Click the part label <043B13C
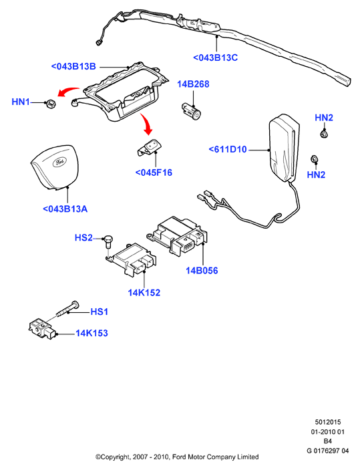click(x=215, y=57)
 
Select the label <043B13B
click(x=73, y=66)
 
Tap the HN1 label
click(x=21, y=102)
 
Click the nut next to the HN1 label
click(x=51, y=104)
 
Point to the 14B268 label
click(x=193, y=84)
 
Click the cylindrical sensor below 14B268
click(x=192, y=110)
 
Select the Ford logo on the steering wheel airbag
click(x=59, y=162)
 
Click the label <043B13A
click(x=65, y=209)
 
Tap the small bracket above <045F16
click(x=149, y=148)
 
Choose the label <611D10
click(x=228, y=149)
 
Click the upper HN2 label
click(x=324, y=118)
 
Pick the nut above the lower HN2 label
click(x=314, y=160)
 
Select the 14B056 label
click(x=202, y=270)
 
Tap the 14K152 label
click(x=144, y=293)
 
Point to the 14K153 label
click(x=92, y=333)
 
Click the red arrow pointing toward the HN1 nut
click(x=67, y=92)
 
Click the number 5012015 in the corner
click(x=328, y=422)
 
